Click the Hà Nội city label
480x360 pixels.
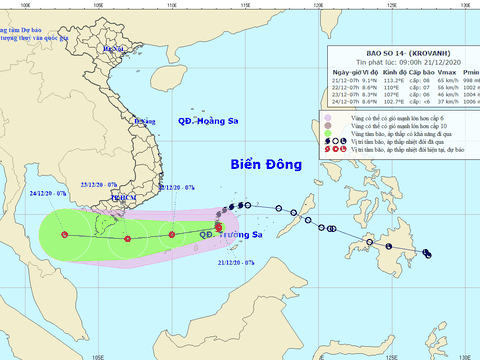[x=117, y=47]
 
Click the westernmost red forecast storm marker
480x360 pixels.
[x=64, y=235]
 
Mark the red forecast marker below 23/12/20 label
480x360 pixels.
[x=128, y=237]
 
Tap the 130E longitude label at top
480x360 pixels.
[x=465, y=5]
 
